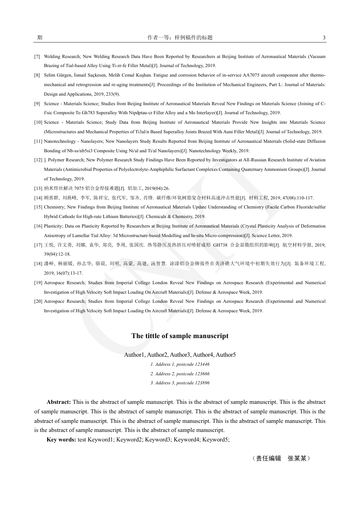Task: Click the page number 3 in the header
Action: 324,38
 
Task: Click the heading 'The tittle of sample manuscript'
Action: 180,336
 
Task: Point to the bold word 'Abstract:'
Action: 58,402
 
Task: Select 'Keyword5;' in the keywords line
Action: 216,440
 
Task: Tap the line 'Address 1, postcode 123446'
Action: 180,364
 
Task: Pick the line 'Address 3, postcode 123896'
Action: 180,383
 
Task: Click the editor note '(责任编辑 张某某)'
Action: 281,458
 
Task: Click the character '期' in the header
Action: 39,38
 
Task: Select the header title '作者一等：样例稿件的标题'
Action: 180,38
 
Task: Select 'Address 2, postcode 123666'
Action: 180,374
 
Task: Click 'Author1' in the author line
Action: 135,354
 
